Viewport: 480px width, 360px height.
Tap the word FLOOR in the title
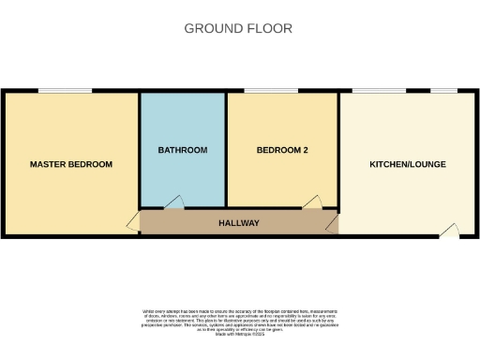[x=268, y=28]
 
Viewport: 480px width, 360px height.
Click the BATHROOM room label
[x=183, y=150]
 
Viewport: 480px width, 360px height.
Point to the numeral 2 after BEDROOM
[x=306, y=150]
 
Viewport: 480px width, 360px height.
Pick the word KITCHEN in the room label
[x=388, y=164]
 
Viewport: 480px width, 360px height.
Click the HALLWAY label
[x=239, y=223]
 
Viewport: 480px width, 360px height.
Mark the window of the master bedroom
[x=66, y=91]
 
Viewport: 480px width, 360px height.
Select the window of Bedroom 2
[x=272, y=91]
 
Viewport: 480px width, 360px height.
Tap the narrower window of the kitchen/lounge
[x=443, y=91]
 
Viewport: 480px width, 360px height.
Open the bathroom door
[x=173, y=202]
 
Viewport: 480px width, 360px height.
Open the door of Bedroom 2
[x=311, y=202]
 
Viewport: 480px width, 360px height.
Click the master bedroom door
[x=133, y=222]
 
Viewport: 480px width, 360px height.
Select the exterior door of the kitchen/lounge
[x=450, y=231]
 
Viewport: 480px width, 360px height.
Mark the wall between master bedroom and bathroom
[x=139, y=150]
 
